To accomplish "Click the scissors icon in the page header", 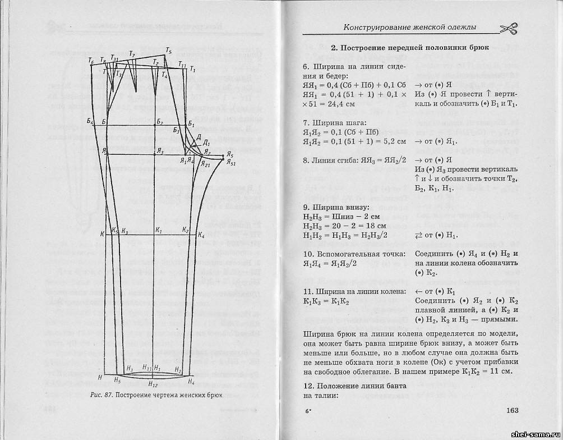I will click(x=507, y=27).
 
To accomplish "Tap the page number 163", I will click(x=511, y=410).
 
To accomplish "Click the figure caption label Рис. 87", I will click(x=101, y=395).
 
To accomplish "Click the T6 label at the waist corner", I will click(x=91, y=59).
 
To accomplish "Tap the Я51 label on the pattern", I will click(x=232, y=163).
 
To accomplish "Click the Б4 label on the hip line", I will click(x=90, y=123).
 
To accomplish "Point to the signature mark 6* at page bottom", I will click(x=307, y=411).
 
